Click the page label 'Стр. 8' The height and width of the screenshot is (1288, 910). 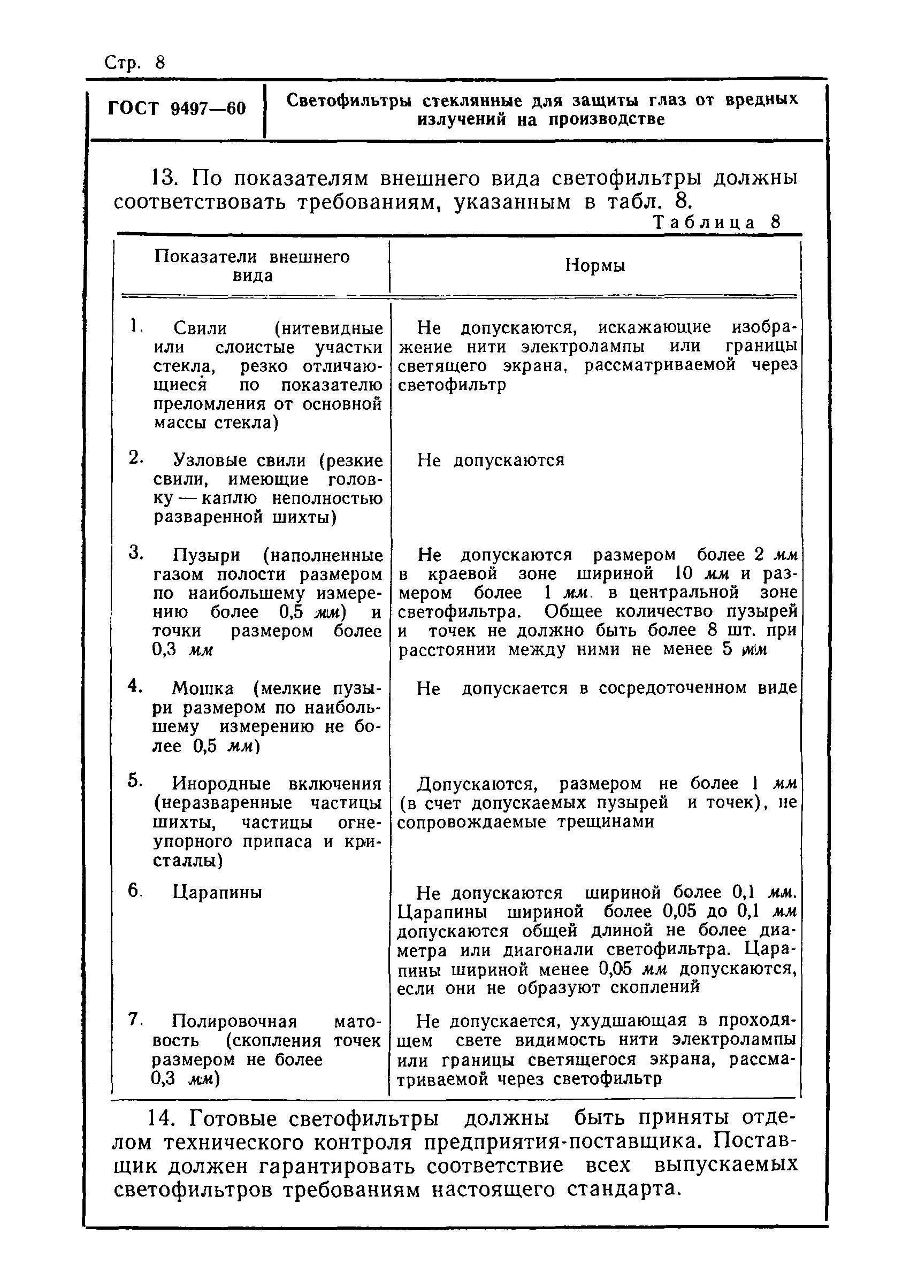pos(135,63)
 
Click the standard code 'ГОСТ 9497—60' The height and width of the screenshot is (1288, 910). pos(177,108)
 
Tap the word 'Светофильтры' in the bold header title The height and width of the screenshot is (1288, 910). pos(348,101)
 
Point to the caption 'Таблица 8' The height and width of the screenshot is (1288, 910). pos(717,222)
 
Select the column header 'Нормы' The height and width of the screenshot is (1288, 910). pos(595,265)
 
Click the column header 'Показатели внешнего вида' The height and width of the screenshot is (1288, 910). pos(252,266)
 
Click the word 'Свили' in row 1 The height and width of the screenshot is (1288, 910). pos(200,328)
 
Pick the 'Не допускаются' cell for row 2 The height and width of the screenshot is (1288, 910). pos(491,461)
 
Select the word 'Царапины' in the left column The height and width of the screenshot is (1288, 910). pos(217,893)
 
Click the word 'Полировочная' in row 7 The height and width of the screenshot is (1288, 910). pos(234,1021)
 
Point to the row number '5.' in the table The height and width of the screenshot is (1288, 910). pos(135,780)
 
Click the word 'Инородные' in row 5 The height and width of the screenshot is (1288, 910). pos(222,784)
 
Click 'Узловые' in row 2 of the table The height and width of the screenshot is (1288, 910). pos(207,461)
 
